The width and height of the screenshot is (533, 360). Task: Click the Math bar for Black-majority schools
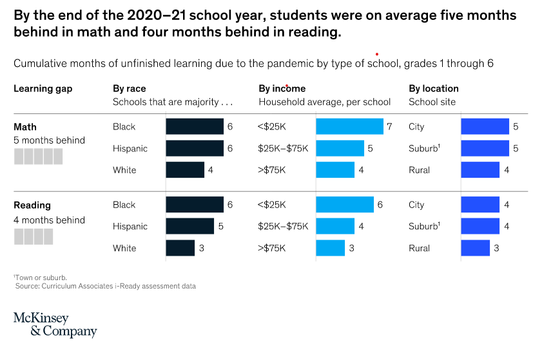click(194, 127)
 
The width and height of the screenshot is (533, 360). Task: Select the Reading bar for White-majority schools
click(180, 248)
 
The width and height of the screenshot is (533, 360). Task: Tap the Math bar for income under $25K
click(349, 127)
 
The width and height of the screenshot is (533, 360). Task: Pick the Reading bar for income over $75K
click(330, 248)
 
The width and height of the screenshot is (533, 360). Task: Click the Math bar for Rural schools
click(480, 170)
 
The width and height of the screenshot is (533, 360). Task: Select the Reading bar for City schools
click(480, 205)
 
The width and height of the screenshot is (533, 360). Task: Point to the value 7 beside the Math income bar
click(389, 127)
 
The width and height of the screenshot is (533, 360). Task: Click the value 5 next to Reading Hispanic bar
click(220, 226)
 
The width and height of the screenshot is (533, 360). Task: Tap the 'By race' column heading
click(129, 88)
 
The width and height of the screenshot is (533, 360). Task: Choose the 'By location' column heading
click(433, 88)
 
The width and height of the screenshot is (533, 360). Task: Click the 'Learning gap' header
click(43, 88)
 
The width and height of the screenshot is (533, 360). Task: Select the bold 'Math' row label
click(25, 127)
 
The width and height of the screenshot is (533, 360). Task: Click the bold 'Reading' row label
click(32, 205)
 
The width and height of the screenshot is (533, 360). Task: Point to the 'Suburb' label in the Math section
click(423, 149)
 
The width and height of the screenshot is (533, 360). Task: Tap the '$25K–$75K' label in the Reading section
click(283, 226)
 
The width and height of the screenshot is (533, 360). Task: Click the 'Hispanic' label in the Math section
click(130, 149)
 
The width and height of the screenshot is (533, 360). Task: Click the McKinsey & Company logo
click(54, 325)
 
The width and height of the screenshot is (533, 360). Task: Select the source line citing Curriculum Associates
click(105, 285)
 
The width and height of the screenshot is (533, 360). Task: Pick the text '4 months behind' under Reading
click(49, 220)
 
